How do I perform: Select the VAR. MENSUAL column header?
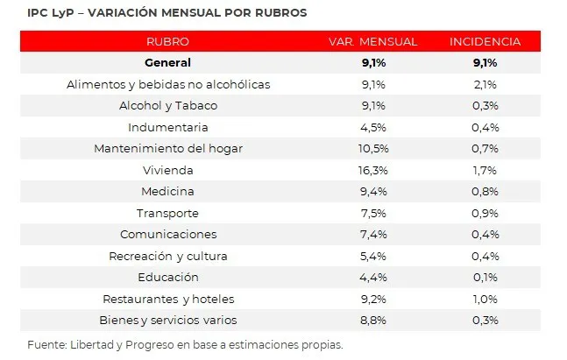tap(372, 41)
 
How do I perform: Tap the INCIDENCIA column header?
tap(485, 41)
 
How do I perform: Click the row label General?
tap(168, 62)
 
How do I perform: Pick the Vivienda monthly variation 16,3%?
tap(373, 169)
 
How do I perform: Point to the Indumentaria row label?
tap(168, 127)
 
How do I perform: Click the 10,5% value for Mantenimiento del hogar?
tap(373, 148)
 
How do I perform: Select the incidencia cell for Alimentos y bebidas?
tap(485, 84)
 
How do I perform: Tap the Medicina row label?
tap(168, 191)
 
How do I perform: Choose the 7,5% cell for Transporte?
tap(373, 213)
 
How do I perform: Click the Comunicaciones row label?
tap(168, 234)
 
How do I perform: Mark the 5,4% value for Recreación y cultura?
tap(373, 256)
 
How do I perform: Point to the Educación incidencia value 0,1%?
tap(485, 277)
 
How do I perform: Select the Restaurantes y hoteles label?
tap(168, 299)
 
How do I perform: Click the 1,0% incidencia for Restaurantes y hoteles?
tap(485, 299)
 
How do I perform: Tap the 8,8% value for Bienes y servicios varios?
tap(373, 320)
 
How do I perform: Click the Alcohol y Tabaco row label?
tap(168, 105)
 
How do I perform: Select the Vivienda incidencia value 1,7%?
tap(485, 169)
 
